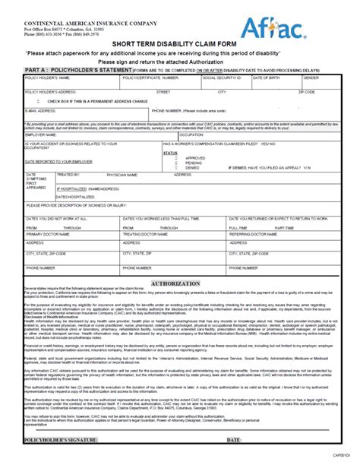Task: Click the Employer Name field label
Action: [45, 134]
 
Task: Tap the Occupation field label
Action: [191, 134]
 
